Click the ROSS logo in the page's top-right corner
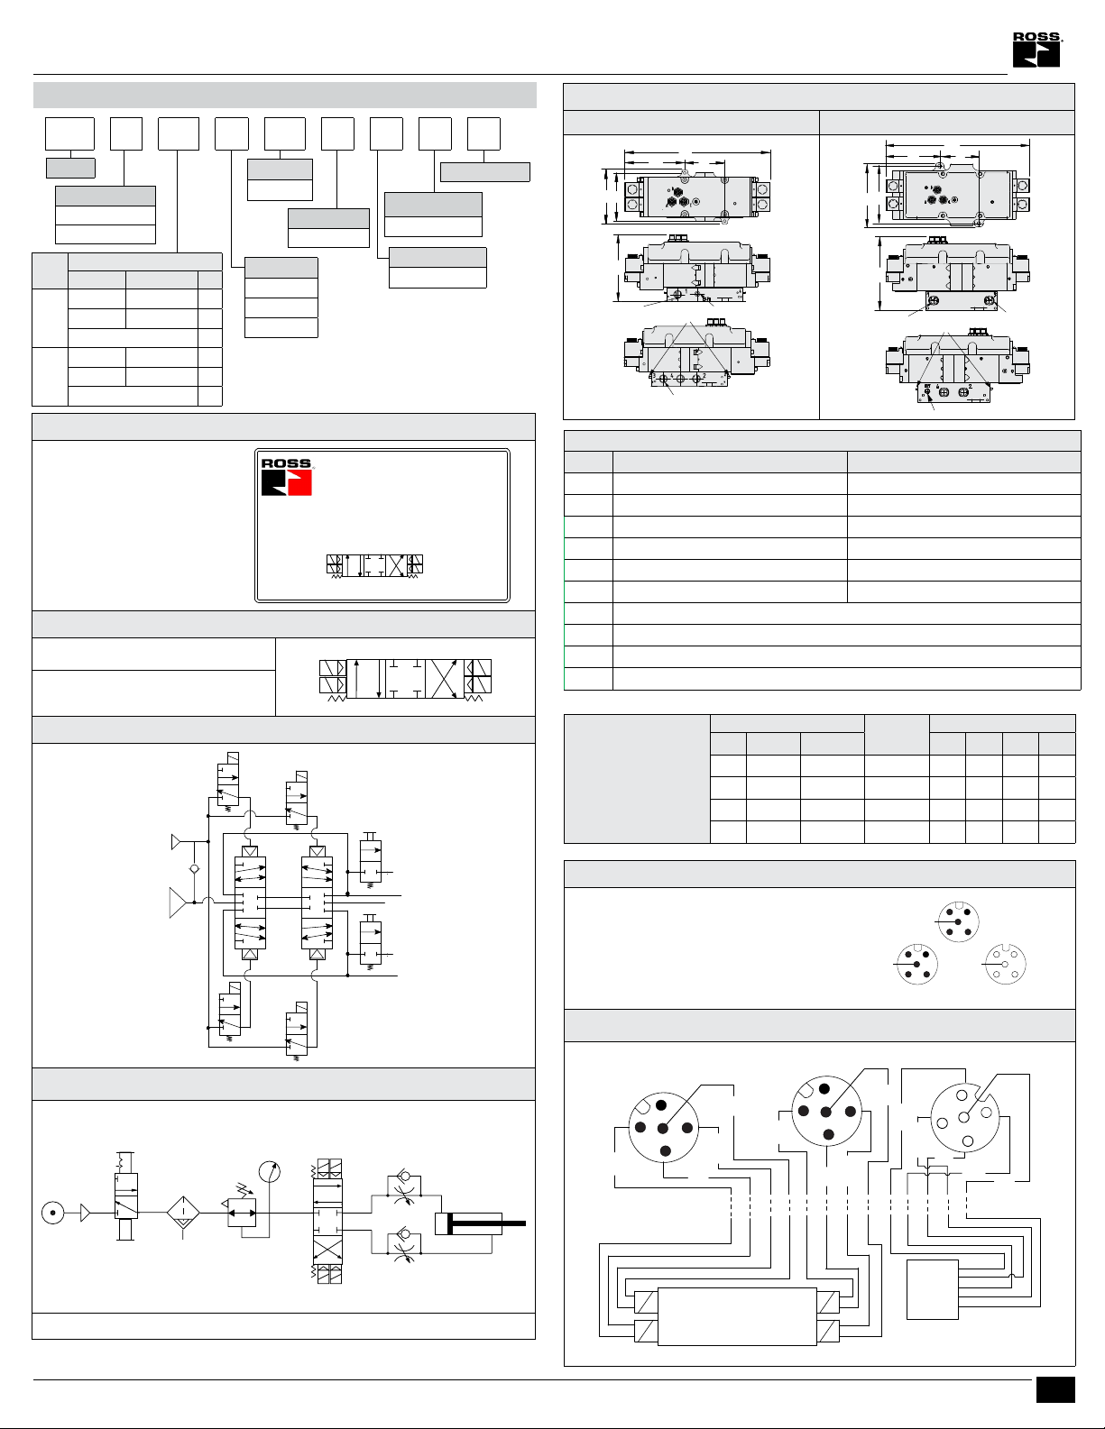click(1036, 50)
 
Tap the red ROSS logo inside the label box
click(286, 478)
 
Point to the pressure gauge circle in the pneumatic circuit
click(269, 1171)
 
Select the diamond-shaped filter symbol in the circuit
click(183, 1212)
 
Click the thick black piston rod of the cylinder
click(487, 1223)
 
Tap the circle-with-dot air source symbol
click(52, 1213)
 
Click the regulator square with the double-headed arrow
click(242, 1213)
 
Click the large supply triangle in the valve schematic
click(178, 902)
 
